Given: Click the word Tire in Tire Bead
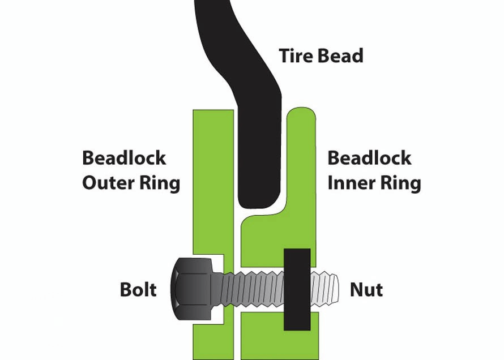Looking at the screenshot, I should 296,56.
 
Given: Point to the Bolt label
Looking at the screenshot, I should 139,290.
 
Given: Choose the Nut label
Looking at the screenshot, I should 366,290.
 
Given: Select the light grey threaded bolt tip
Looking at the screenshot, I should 325,289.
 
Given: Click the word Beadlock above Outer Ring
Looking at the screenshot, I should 124,157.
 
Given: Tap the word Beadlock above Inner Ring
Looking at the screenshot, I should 369,157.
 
